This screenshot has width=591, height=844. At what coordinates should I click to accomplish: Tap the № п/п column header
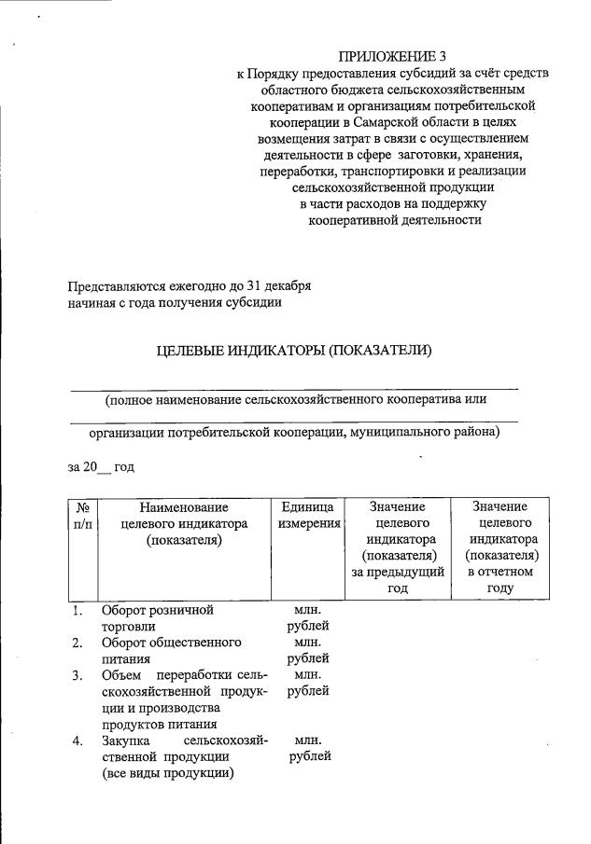[x=82, y=515]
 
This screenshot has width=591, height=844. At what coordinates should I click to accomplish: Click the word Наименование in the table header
[x=184, y=506]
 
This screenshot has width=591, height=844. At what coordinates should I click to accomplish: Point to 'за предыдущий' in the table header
[x=398, y=573]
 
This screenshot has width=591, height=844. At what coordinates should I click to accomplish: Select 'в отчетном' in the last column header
[x=500, y=573]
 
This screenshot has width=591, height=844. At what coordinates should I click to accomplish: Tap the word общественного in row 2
[x=195, y=643]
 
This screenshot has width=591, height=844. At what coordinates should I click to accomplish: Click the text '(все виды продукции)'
[x=168, y=773]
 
